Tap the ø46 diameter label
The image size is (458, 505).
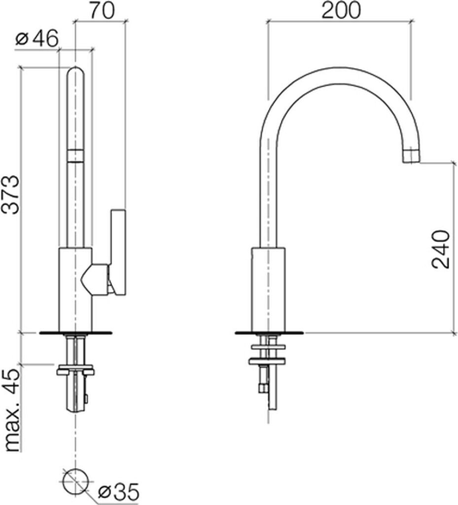[37, 38]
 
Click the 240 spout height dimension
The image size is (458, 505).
[440, 249]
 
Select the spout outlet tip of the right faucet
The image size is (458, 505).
[412, 155]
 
